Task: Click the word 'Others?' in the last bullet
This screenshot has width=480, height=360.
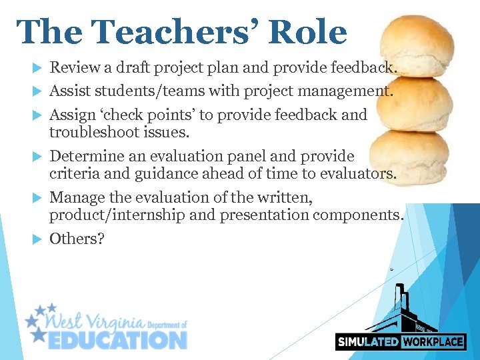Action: [x=77, y=239]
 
